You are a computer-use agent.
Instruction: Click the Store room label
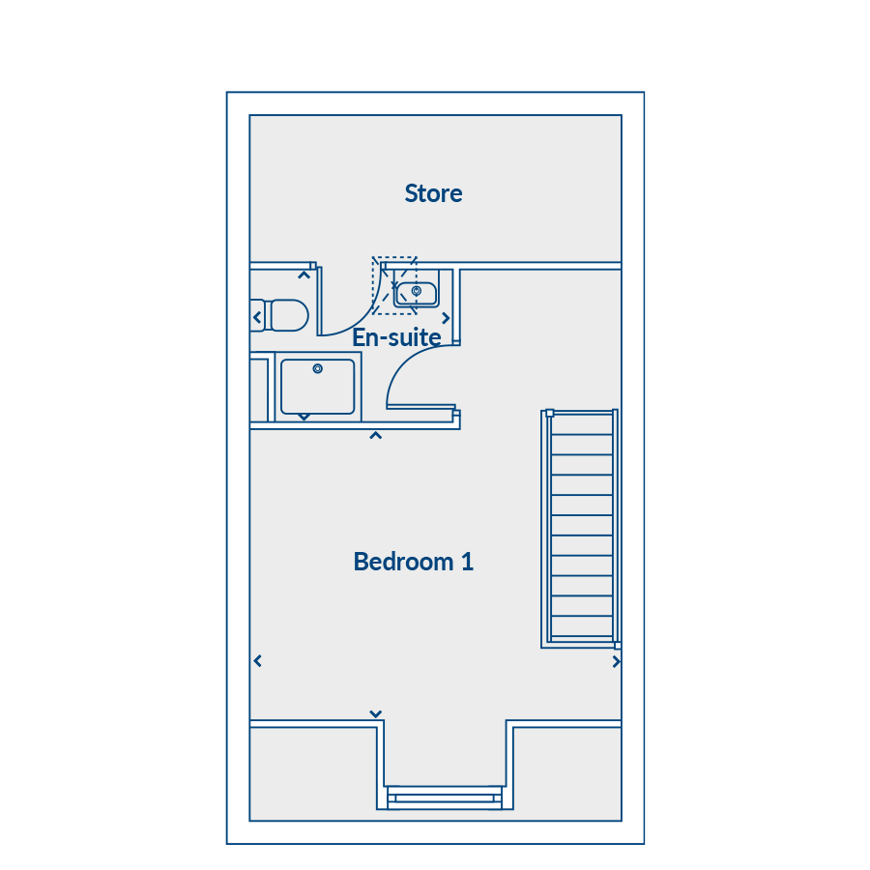(x=433, y=193)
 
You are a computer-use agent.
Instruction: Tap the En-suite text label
(x=396, y=337)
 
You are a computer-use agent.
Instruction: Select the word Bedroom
(x=403, y=562)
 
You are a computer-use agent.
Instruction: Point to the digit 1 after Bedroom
(x=467, y=562)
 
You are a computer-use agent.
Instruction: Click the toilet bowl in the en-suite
(x=288, y=315)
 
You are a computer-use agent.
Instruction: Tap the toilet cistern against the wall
(x=257, y=315)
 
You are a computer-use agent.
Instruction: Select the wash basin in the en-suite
(x=416, y=294)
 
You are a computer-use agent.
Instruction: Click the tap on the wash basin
(x=416, y=290)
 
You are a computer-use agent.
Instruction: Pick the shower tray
(x=317, y=387)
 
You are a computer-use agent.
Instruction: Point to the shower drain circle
(x=317, y=368)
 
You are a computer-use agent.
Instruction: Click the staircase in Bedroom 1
(x=580, y=528)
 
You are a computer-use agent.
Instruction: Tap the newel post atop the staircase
(x=549, y=413)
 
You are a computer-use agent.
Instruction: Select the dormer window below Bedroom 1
(x=445, y=797)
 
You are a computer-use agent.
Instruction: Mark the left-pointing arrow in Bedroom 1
(x=257, y=661)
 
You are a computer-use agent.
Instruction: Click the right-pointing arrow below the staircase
(x=616, y=661)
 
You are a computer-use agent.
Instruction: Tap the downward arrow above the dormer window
(x=376, y=713)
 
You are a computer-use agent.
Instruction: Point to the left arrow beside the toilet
(x=257, y=317)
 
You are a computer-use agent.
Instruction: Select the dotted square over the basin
(x=394, y=286)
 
